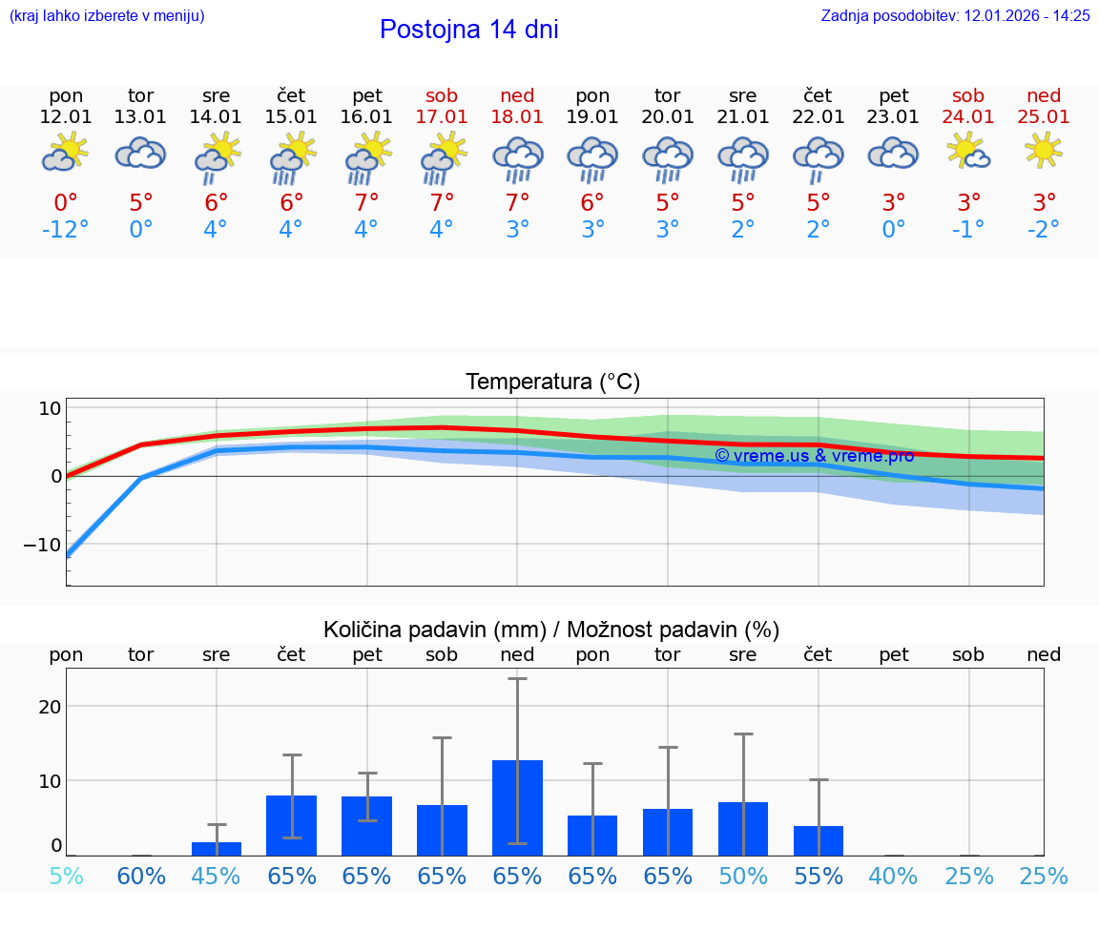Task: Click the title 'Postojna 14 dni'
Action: [468, 30]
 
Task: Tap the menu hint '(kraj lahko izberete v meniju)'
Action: [107, 15]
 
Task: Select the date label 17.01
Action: [442, 116]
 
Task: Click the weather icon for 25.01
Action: [1044, 151]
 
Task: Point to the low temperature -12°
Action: [65, 230]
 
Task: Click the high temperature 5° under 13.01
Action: [140, 202]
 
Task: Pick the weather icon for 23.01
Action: [893, 153]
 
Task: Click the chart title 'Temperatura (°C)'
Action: [552, 382]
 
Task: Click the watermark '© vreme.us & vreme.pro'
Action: [814, 456]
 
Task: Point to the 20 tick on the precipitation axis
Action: [50, 707]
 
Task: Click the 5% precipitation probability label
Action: [66, 876]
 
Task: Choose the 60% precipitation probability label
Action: [141, 876]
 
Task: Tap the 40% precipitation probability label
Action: [893, 876]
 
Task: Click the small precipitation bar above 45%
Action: [217, 849]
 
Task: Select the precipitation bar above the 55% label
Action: [818, 840]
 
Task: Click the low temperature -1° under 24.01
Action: [968, 230]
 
